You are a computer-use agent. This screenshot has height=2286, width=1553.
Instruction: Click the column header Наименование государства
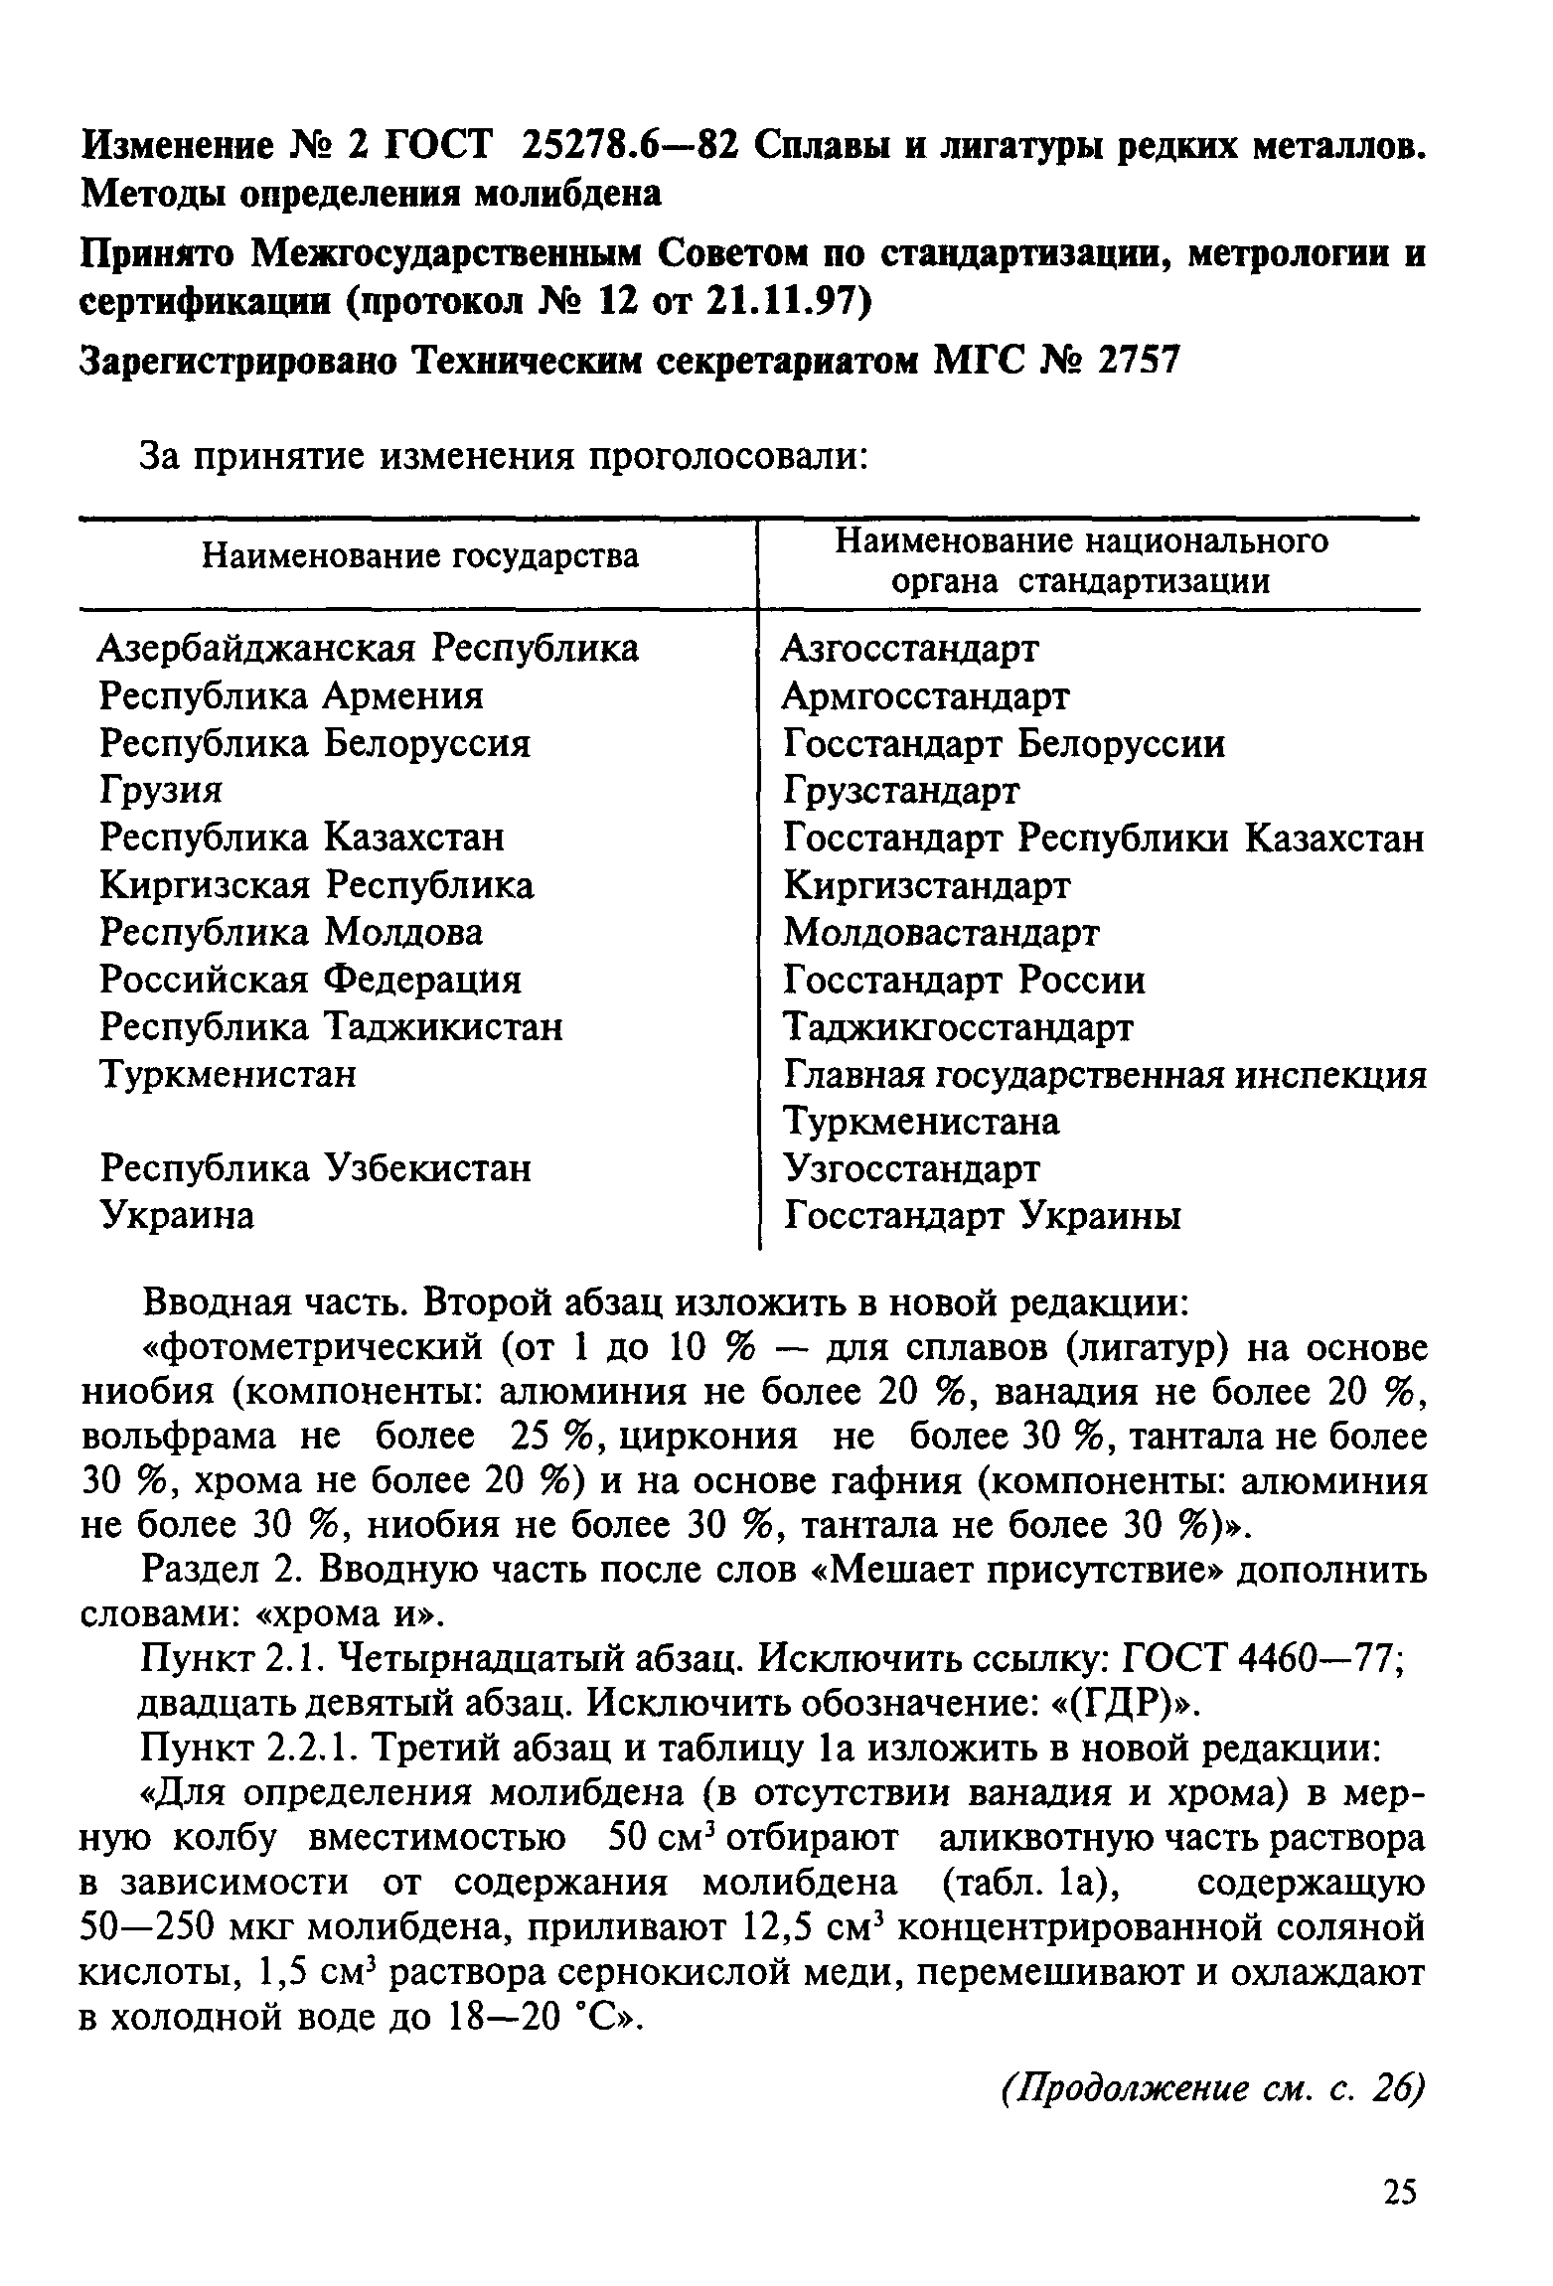[x=420, y=556]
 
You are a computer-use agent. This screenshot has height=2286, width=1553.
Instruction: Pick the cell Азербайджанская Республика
[x=369, y=649]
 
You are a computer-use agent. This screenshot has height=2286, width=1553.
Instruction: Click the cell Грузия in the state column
[x=161, y=791]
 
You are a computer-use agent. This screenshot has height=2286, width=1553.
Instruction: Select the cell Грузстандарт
[x=900, y=791]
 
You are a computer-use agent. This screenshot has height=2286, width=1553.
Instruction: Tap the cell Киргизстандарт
[x=926, y=885]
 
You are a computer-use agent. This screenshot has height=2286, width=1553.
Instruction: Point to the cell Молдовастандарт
[x=941, y=933]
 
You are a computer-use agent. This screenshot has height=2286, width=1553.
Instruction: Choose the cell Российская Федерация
[x=310, y=980]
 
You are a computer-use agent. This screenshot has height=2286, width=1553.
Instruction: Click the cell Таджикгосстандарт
[x=957, y=1027]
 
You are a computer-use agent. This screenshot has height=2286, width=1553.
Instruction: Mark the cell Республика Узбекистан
[x=316, y=1168]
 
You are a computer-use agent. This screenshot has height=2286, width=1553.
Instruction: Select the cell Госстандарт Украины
[x=982, y=1215]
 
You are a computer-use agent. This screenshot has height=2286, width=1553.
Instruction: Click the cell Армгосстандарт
[x=925, y=696]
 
